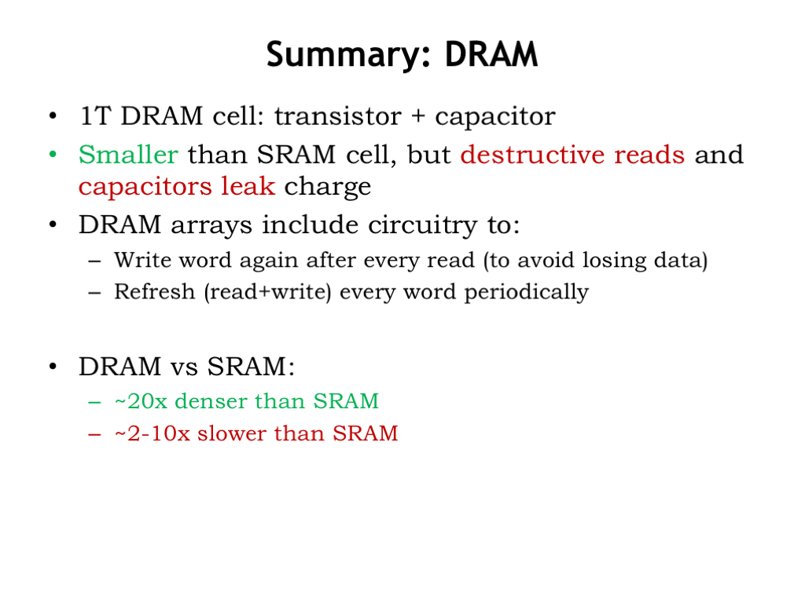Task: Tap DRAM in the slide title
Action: [491, 54]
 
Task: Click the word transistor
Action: [337, 116]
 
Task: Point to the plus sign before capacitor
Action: [418, 116]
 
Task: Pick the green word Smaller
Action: [128, 155]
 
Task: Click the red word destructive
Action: [532, 155]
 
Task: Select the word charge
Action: [328, 187]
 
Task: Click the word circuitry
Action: [421, 225]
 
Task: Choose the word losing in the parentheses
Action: [614, 261]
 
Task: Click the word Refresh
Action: [155, 292]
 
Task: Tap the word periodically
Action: [526, 293]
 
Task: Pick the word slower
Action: [232, 433]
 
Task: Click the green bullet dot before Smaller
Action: [53, 154]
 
